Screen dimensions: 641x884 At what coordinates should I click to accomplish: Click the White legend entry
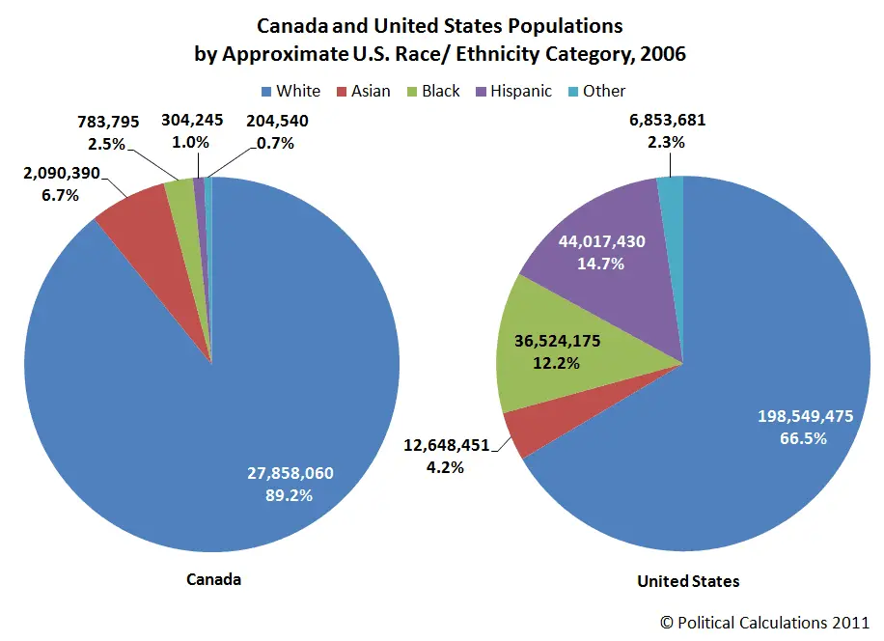point(290,91)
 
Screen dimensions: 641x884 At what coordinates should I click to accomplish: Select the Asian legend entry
point(362,91)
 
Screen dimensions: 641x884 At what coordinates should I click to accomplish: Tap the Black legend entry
point(431,91)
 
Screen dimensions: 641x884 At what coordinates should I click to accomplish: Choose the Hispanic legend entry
point(511,91)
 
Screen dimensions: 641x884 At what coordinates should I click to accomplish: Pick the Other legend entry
point(594,91)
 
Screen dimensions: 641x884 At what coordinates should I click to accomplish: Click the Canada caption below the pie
point(213,579)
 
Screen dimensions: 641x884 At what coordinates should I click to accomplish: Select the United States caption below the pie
point(688,581)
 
